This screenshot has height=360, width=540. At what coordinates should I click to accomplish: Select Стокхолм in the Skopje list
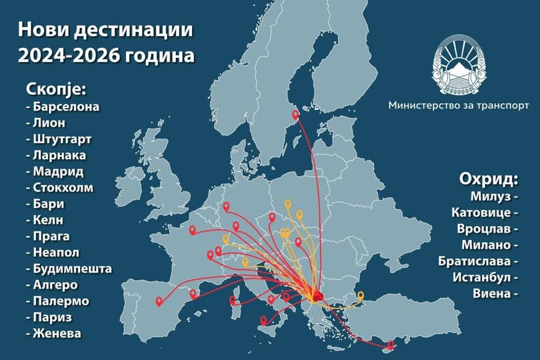tap(64, 187)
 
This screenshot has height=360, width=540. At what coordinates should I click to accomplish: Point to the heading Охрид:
tap(489, 179)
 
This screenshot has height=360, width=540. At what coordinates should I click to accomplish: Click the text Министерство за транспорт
tap(459, 105)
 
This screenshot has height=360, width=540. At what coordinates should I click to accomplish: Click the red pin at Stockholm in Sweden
tap(296, 115)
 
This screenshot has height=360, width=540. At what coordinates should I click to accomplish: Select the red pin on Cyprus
tap(391, 344)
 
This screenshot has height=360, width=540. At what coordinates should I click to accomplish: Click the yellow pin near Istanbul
tap(361, 295)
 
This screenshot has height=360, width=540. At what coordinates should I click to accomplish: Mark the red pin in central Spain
tap(159, 301)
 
